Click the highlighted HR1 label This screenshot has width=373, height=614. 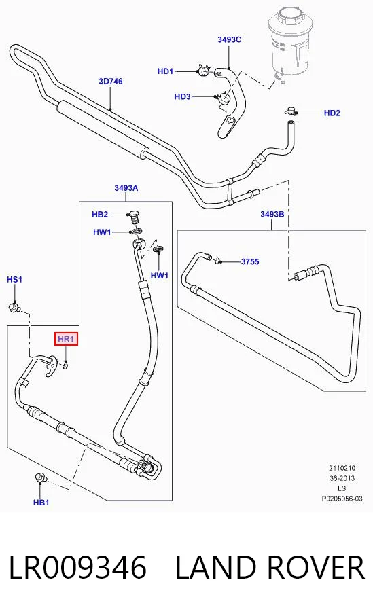66,339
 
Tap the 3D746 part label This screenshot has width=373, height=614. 111,82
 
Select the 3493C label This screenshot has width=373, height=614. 229,39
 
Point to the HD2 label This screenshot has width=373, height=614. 332,113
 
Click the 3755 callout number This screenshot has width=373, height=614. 250,261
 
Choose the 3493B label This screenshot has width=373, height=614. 272,214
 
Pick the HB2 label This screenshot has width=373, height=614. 100,214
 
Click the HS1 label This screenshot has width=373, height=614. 14,280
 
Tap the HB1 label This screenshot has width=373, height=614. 41,503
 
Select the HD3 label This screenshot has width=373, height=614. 182,96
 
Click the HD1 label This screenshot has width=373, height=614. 165,71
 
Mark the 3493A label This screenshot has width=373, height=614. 126,188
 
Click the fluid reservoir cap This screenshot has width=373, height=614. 289,18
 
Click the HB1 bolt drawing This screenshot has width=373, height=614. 41,477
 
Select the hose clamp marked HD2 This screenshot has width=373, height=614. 290,112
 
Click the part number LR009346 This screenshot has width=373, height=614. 77,567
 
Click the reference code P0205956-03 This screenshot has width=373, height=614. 342,499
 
